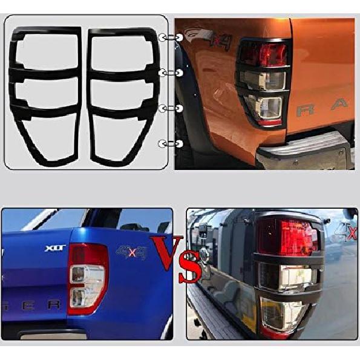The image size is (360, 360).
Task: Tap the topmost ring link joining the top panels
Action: pyautogui.click(x=171, y=38)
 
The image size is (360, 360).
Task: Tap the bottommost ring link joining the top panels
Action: pyautogui.click(x=171, y=143)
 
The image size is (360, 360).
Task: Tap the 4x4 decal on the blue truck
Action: pyautogui.click(x=131, y=252)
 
